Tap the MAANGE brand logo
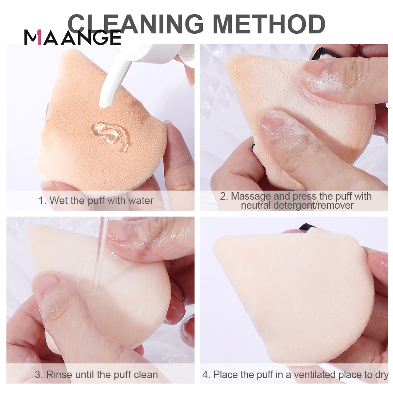coord(72,38)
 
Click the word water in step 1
coord(141,200)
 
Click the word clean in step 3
coord(146,375)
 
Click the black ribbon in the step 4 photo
coord(307,227)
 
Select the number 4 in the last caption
coord(205,375)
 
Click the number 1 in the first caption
coord(41,200)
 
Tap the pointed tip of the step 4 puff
coord(215,247)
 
